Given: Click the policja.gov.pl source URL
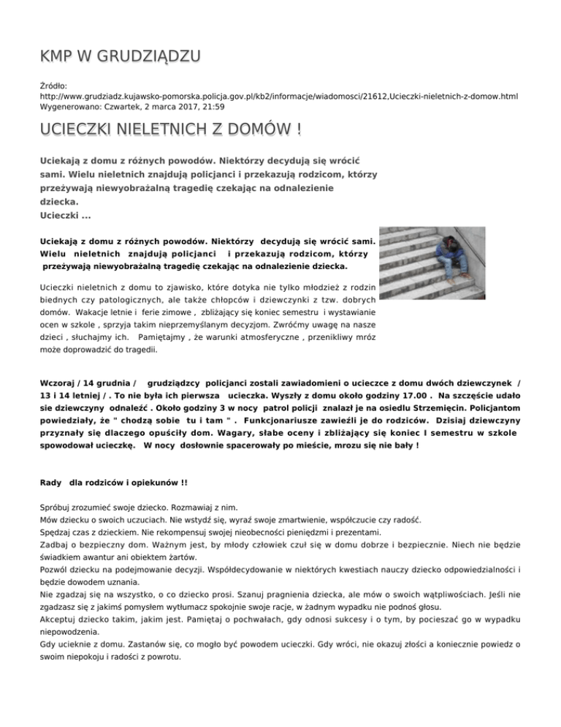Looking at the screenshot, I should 280,96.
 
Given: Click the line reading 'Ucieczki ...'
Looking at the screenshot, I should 65,215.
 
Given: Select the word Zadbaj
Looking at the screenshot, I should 56,547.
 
